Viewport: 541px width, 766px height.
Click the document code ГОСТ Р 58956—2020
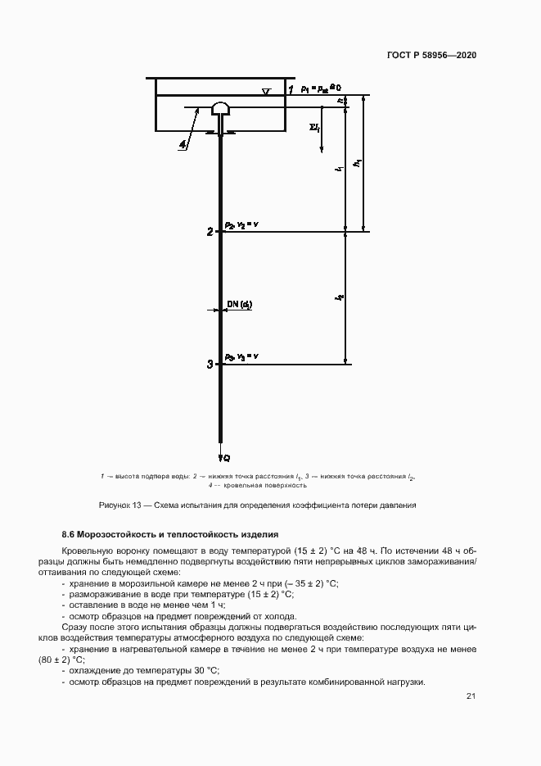tap(431, 55)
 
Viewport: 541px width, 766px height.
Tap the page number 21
tap(471, 696)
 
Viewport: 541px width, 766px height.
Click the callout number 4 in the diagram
tap(183, 146)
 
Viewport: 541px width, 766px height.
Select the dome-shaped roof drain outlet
tap(221, 109)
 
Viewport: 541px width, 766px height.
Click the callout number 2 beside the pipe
tap(210, 232)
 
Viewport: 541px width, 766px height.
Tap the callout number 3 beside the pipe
tap(210, 364)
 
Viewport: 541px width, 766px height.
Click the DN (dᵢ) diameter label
tap(239, 305)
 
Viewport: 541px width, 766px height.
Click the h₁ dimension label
tap(358, 163)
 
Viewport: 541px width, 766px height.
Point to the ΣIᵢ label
tap(314, 127)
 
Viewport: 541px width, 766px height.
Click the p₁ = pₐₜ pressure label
tap(314, 86)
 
